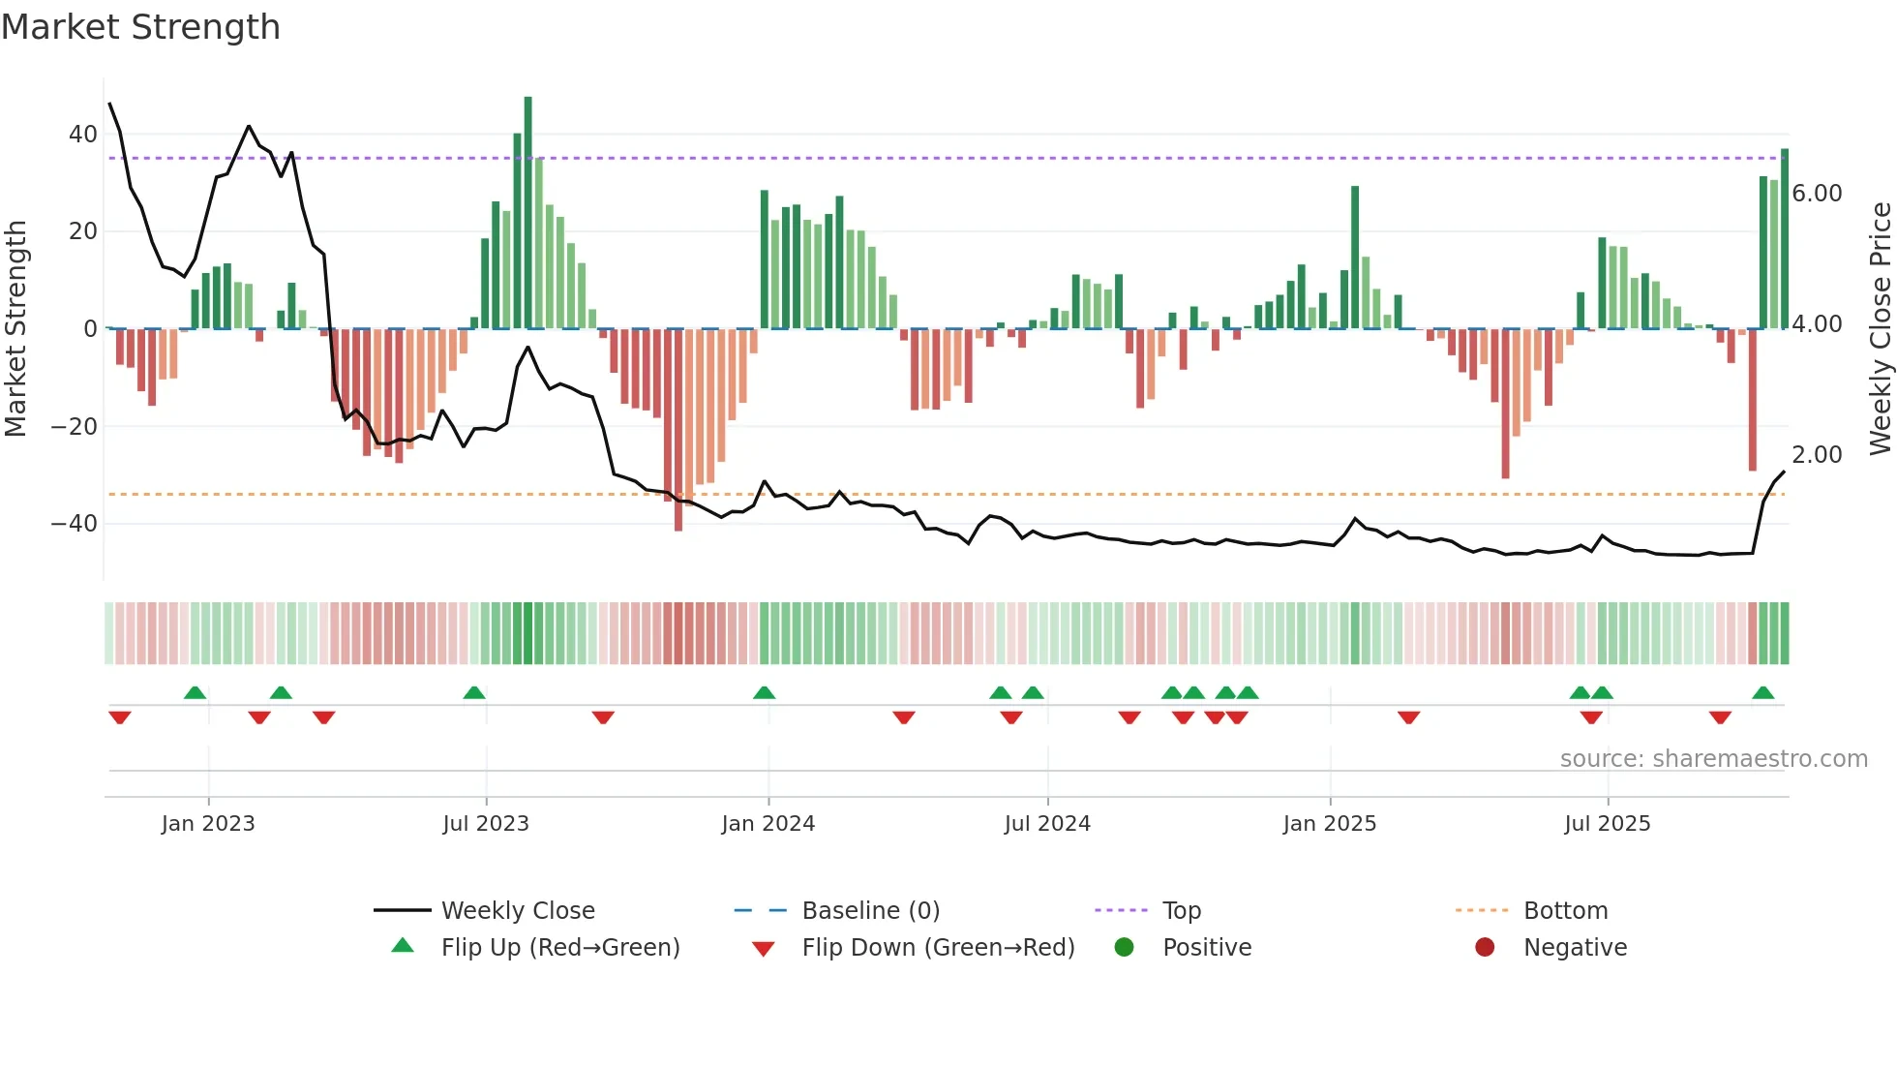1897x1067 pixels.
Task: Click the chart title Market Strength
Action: [x=140, y=27]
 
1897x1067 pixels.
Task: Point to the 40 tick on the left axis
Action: [x=83, y=135]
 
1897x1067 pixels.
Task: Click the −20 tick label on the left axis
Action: [x=75, y=427]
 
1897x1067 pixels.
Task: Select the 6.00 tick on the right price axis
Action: [x=1817, y=194]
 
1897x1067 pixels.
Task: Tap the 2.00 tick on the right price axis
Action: [x=1817, y=455]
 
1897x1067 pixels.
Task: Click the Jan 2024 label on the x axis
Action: [x=768, y=824]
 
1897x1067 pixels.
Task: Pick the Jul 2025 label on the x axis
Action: [x=1608, y=824]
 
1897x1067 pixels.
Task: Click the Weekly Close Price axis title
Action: [x=1880, y=329]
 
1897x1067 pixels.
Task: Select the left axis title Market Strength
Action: [x=15, y=329]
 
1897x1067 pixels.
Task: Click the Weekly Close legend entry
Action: [x=518, y=911]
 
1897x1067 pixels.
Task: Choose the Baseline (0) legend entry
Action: [x=870, y=911]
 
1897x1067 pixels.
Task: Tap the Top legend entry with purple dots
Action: [x=1181, y=911]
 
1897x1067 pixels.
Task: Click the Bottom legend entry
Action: [x=1565, y=911]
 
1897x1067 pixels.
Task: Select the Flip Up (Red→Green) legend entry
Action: [x=560, y=948]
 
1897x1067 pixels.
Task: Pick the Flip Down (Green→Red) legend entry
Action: [x=938, y=948]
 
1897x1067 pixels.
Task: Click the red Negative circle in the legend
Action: [x=1485, y=947]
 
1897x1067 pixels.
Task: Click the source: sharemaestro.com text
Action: [x=1713, y=759]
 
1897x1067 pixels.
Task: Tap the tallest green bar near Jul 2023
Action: [x=527, y=213]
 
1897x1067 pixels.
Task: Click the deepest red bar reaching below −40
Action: [x=678, y=431]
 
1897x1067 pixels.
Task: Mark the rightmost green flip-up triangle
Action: [x=1762, y=693]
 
